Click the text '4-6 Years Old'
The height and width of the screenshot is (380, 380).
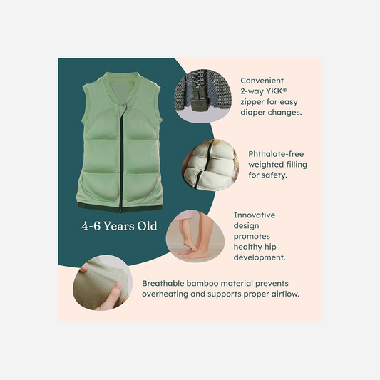coord(119,226)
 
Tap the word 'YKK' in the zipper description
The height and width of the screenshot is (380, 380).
coord(274,91)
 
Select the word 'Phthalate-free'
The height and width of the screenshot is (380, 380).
coord(276,154)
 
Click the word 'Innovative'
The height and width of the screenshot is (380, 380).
coord(255,215)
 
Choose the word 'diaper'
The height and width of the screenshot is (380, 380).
coord(252,113)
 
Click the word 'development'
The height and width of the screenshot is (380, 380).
coord(258,257)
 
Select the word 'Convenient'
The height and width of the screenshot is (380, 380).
coord(262,81)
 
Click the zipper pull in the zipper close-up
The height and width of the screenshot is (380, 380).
coord(198,102)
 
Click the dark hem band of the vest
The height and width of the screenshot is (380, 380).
coord(120,208)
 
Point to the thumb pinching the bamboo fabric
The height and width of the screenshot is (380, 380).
coord(114,291)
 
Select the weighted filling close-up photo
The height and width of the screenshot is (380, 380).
coord(210,165)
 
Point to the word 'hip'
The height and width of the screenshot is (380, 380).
coord(270,247)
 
